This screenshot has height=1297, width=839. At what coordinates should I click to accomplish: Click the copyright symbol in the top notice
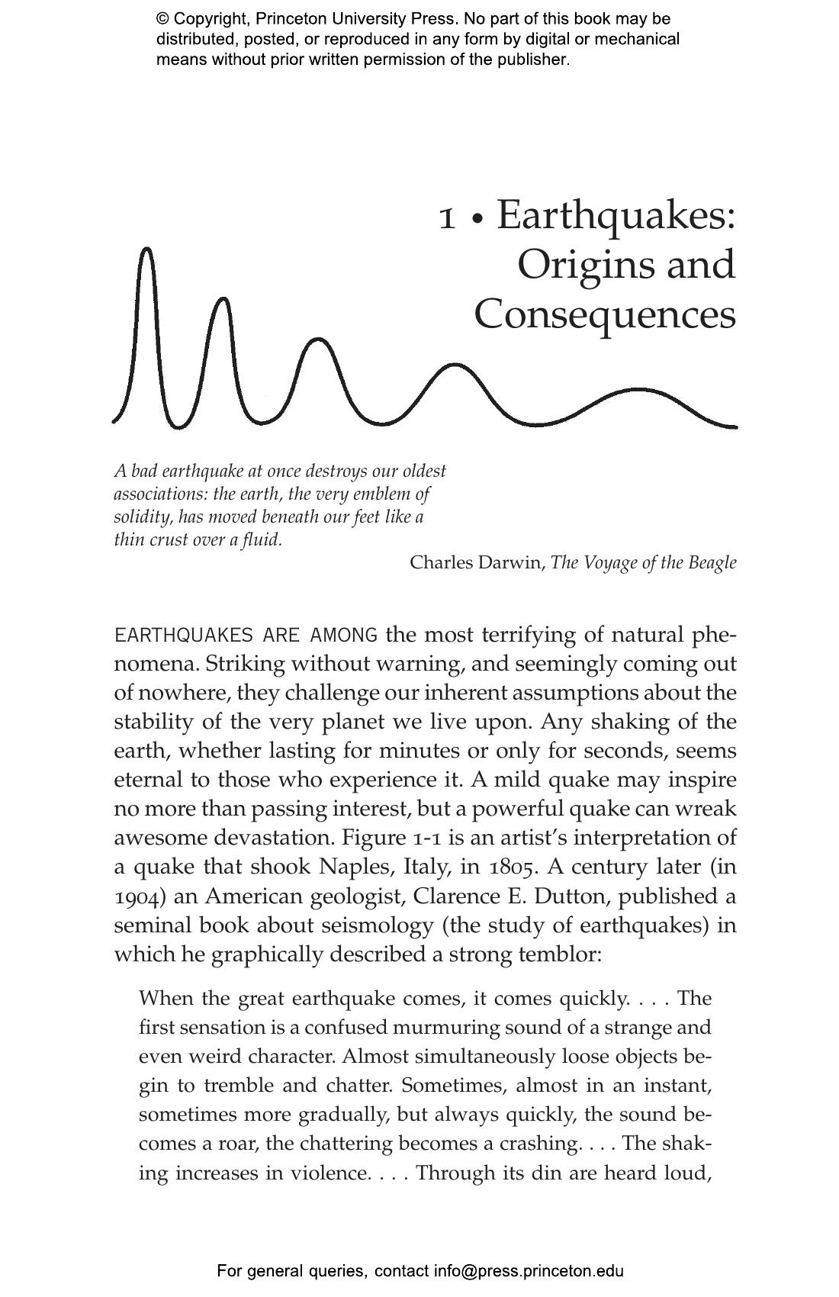coord(162,19)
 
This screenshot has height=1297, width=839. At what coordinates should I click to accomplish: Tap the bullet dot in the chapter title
coord(477,220)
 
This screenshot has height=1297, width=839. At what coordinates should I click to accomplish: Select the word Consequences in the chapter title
coord(605,314)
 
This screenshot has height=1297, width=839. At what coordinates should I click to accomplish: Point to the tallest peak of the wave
coord(147,249)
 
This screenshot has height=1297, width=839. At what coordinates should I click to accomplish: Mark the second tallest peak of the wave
coord(223,299)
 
